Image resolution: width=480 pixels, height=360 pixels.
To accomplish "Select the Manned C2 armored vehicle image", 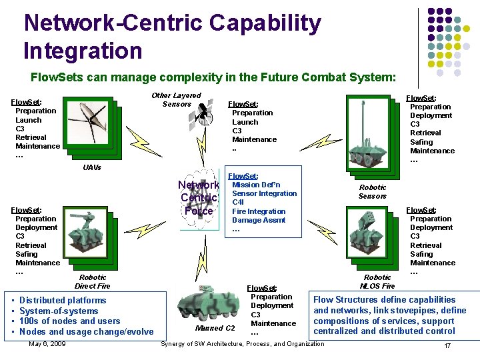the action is pos(207,303).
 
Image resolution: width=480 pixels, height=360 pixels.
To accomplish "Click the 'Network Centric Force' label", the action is pos(199,198).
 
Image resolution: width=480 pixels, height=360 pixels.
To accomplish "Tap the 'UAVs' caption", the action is pos(92,167).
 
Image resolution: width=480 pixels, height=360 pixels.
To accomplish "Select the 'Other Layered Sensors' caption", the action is pos(176,99).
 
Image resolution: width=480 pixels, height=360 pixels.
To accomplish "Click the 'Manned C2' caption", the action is pos(215,328).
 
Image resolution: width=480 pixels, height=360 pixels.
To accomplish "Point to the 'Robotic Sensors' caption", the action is pos(372,192).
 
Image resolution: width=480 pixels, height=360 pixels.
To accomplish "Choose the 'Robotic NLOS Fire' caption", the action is pos(377,281).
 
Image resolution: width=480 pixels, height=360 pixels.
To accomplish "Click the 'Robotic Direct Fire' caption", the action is pos(92,281).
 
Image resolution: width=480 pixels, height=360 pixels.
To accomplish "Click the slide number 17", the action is pos(447,346).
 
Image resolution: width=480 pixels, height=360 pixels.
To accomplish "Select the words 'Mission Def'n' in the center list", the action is pos(256,185).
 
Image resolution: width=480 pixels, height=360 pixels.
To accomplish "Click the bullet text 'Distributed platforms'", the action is pos(63,301).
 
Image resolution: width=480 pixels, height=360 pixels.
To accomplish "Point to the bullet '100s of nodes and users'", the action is pos(70,321).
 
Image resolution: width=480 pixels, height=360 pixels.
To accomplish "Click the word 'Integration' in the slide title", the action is pos(83,51).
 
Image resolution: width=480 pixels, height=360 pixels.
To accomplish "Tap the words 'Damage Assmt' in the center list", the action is pos(258,220).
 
